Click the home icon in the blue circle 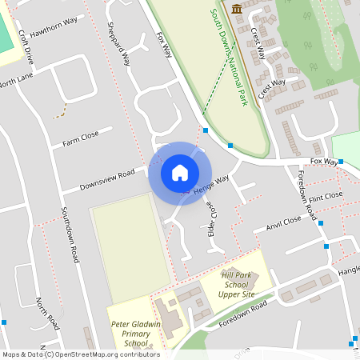point(180,172)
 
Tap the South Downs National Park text point(228,58)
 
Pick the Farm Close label point(81,139)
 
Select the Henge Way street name point(212,186)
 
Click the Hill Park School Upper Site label point(238,284)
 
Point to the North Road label point(47,313)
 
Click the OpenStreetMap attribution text point(82,354)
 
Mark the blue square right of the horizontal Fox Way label point(341,162)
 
